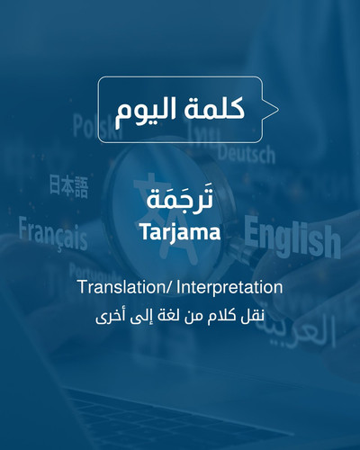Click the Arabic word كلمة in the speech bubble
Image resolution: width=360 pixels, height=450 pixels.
coord(214,109)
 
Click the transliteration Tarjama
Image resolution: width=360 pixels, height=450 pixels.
coord(180,232)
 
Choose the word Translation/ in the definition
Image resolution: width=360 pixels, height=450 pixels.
coord(125,287)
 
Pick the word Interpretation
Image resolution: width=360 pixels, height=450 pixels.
coord(229,287)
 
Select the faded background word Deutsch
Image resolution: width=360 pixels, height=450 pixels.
coord(247,154)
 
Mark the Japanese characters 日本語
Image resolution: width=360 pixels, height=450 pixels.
coord(68,186)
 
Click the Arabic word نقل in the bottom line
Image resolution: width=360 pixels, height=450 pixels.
coord(254,316)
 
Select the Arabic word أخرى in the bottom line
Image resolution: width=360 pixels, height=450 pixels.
coord(107,317)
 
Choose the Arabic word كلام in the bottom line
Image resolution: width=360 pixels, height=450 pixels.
coord(222,316)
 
